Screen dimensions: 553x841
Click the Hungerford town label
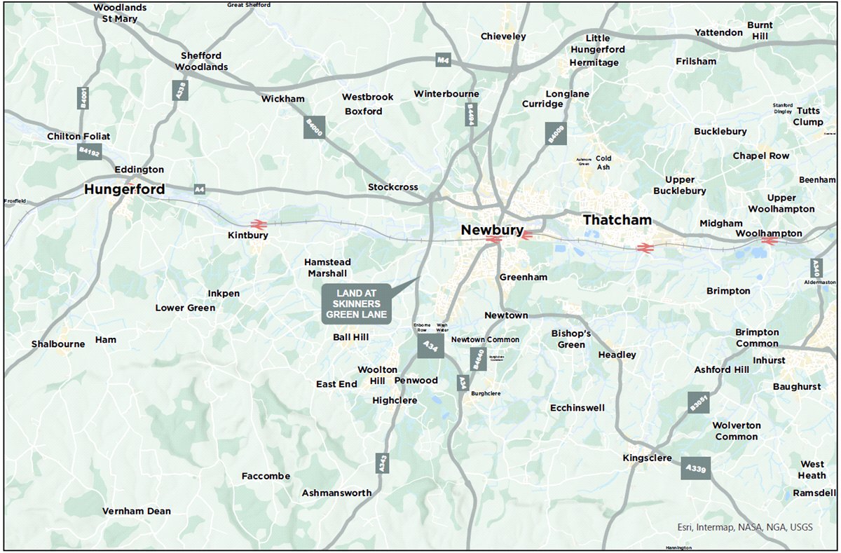point(125,189)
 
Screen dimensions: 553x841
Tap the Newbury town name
point(491,230)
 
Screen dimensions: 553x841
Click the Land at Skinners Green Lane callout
point(356,304)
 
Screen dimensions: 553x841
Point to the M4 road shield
point(442,60)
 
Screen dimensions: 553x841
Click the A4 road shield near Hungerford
point(200,189)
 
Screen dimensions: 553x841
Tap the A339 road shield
point(696,467)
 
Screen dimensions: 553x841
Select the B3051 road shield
point(699,402)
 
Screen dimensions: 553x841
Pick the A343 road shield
point(382,462)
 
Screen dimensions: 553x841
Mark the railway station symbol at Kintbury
point(257,224)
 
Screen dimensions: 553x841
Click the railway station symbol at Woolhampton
point(770,241)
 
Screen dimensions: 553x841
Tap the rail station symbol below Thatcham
point(643,247)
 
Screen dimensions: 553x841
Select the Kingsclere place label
point(647,458)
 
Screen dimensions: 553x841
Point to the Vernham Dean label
point(137,511)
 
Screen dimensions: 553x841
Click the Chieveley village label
point(503,36)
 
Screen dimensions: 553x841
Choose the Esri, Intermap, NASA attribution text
point(745,527)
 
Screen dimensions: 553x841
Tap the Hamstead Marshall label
point(327,268)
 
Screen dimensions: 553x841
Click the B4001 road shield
point(84,98)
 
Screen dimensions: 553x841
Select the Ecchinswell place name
point(577,407)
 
